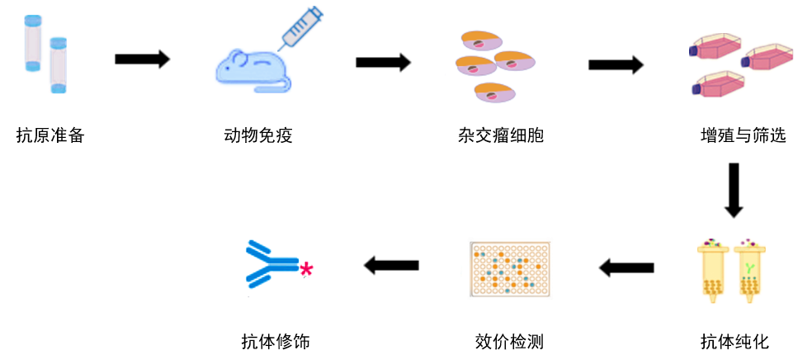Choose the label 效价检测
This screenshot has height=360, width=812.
click(x=509, y=341)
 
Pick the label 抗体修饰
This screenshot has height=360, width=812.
click(x=276, y=341)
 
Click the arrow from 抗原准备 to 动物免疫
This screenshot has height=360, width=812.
click(x=142, y=59)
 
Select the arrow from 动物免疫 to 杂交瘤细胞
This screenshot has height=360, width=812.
click(x=383, y=62)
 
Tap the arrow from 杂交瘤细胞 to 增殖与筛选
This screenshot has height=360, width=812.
click(x=616, y=64)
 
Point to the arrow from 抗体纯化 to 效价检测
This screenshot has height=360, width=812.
click(x=626, y=267)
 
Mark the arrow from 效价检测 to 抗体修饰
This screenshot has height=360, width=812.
click(x=392, y=265)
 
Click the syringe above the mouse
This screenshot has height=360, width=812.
click(x=300, y=27)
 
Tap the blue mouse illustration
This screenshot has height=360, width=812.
click(x=250, y=71)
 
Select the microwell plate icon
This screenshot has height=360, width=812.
click(x=509, y=269)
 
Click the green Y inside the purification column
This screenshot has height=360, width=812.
click(x=750, y=268)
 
